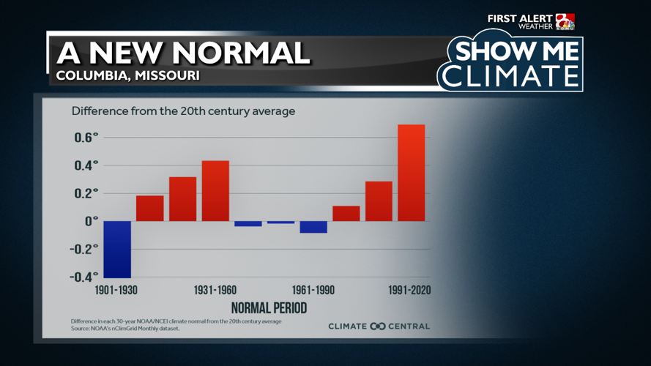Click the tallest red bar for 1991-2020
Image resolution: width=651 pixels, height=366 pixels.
411,173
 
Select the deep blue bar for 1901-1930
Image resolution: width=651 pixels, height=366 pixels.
117,249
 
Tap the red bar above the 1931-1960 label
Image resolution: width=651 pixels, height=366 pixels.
215,190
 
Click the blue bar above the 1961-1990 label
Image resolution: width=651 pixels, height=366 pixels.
313,227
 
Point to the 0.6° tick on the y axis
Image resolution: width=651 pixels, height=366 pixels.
85,138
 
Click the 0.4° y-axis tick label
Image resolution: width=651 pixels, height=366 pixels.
85,165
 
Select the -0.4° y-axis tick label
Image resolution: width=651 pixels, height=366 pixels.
82,277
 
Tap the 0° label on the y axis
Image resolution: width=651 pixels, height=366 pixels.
89,221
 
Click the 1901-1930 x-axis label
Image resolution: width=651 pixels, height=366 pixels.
116,291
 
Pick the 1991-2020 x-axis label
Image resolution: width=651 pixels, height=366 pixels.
409,291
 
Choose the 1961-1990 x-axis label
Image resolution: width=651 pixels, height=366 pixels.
313,291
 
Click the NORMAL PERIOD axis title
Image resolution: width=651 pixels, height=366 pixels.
269,307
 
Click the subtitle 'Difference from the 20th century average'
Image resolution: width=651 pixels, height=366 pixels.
183,112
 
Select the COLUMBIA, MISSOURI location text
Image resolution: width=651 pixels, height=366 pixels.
127,75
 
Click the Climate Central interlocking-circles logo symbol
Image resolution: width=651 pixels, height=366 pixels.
378,326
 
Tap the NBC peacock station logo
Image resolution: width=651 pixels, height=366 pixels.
565,22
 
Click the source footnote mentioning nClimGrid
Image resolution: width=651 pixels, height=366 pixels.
125,329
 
